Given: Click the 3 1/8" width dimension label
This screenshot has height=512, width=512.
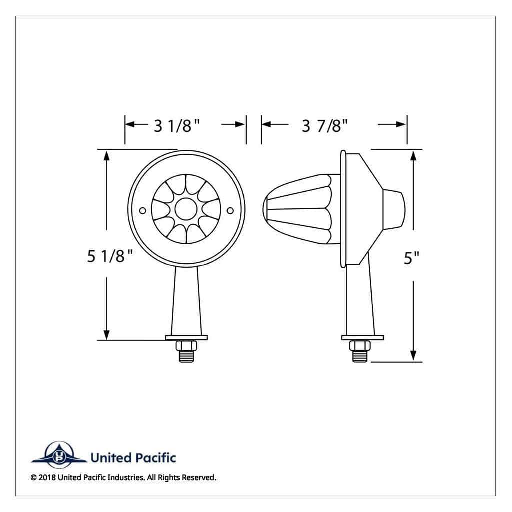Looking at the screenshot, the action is pyautogui.click(x=177, y=125).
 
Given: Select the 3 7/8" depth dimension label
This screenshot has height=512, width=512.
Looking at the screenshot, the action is pyautogui.click(x=325, y=125).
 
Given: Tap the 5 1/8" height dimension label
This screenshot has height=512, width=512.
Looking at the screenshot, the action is pyautogui.click(x=110, y=256).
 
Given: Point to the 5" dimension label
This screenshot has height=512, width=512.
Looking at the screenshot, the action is pyautogui.click(x=412, y=258).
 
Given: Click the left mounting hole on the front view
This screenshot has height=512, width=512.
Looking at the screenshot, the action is pyautogui.click(x=142, y=211).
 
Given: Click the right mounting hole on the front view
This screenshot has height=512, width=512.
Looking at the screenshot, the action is pyautogui.click(x=230, y=211).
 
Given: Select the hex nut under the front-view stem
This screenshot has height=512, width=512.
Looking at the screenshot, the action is pyautogui.click(x=186, y=345).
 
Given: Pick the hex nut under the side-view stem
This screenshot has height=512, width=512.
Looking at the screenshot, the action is pyautogui.click(x=360, y=345).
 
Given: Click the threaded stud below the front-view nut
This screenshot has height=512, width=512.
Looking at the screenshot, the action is pyautogui.click(x=186, y=356).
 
